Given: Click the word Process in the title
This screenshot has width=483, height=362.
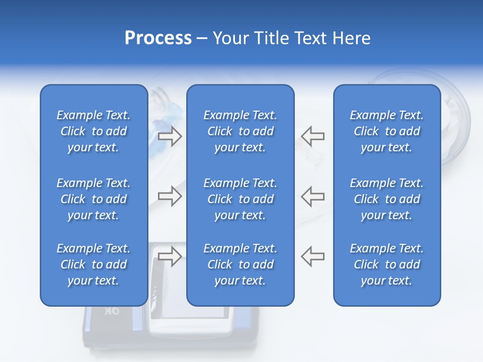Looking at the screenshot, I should (x=158, y=38).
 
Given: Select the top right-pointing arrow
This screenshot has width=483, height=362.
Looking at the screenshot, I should (x=170, y=136).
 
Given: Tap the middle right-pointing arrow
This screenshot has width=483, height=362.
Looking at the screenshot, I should (x=170, y=196).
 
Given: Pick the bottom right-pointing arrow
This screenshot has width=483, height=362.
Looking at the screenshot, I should (x=170, y=256).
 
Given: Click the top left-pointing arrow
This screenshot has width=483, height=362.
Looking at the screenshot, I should (x=312, y=136).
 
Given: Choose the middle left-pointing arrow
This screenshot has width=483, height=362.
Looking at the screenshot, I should (x=312, y=196).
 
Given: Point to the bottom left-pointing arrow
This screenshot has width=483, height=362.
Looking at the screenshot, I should (x=312, y=256).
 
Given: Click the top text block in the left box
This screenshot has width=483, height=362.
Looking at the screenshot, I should (x=94, y=131).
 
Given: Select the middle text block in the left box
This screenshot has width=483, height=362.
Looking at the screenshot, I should (x=94, y=199).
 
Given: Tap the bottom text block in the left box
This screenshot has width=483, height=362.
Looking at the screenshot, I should (x=94, y=264).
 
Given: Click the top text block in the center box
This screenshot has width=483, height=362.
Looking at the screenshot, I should (x=240, y=131).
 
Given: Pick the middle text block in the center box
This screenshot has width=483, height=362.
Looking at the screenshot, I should (x=240, y=199).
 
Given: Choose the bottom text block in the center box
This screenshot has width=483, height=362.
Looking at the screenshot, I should (x=240, y=264).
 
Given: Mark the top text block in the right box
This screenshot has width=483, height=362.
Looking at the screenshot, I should (x=387, y=131).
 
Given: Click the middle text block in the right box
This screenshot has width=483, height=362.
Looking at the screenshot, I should (x=387, y=199).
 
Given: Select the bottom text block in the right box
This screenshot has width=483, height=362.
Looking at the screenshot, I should (x=387, y=264).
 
